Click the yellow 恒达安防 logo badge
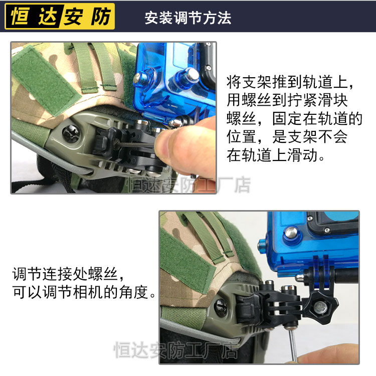(x=60, y=17)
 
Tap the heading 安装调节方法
(x=188, y=18)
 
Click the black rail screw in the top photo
(x=71, y=133)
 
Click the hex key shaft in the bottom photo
(x=293, y=345)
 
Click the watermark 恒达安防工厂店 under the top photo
(x=189, y=185)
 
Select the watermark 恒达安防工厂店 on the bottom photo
(x=176, y=350)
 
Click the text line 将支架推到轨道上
(x=287, y=82)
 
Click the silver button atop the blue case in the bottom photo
(x=291, y=232)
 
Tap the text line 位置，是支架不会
(x=287, y=137)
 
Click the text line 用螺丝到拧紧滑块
(x=287, y=100)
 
